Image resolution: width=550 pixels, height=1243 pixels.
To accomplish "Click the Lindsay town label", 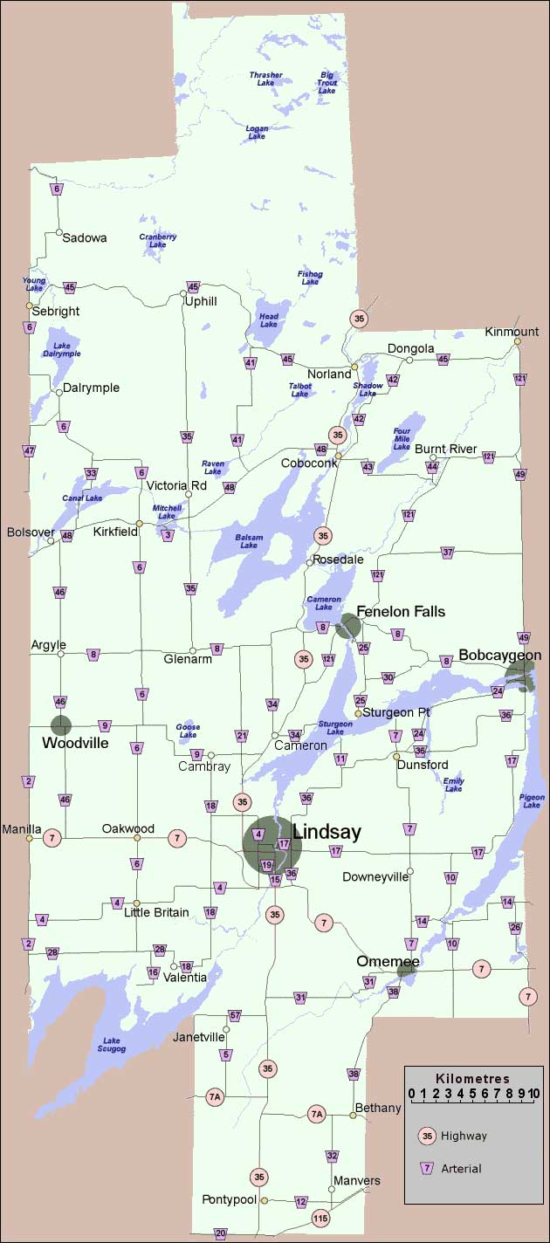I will (326, 832).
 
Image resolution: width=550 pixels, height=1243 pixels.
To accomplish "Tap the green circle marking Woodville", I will (60, 725).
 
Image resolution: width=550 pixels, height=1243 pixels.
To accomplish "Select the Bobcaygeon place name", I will (500, 655).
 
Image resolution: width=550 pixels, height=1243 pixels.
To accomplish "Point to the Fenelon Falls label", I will (402, 611).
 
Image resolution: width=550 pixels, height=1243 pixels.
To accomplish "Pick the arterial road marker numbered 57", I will (234, 1015).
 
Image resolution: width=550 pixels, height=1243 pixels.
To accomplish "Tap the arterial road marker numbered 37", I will (448, 553).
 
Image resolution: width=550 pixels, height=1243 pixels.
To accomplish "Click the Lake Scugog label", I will (113, 1044).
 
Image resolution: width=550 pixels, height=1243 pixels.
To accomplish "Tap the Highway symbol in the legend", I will (427, 1136).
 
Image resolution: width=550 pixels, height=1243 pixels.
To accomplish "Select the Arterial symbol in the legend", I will (427, 1168).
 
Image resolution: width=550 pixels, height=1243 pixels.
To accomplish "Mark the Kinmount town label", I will (512, 332).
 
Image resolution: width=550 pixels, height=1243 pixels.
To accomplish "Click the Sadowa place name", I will (85, 237).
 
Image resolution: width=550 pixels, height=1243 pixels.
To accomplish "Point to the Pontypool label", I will (229, 1199).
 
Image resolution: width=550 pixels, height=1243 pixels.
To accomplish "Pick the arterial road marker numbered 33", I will (91, 474).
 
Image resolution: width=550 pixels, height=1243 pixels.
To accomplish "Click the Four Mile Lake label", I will (402, 438).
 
